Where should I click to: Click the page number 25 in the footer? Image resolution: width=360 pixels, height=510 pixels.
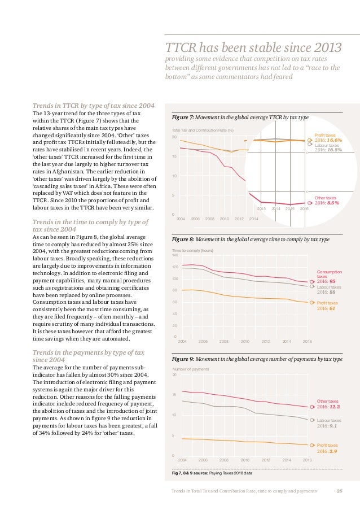(340, 490)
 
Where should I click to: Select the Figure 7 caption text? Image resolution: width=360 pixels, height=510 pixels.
(240, 117)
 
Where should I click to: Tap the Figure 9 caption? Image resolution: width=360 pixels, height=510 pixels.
(257, 359)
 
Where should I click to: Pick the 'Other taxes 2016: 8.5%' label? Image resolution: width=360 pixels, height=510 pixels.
(327, 200)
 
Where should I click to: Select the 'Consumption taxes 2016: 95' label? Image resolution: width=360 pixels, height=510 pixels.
(327, 276)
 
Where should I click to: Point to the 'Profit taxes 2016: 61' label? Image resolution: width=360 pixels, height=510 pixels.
(326, 306)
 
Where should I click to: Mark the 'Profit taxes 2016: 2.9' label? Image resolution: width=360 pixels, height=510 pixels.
(327, 448)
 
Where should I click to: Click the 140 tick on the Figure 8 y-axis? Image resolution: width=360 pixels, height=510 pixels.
(174, 255)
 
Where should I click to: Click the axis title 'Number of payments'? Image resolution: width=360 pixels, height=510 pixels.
(190, 369)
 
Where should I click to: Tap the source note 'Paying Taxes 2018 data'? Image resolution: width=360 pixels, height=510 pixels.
(232, 472)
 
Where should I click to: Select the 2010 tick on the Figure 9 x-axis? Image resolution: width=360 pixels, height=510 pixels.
(245, 460)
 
